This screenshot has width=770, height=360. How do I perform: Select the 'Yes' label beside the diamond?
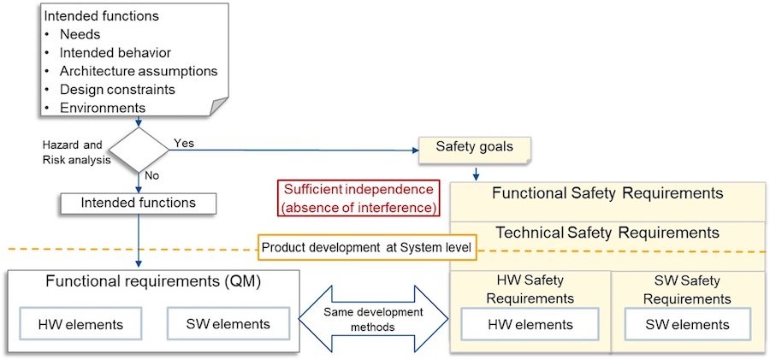tap(184, 143)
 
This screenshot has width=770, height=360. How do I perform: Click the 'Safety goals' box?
tap(475, 147)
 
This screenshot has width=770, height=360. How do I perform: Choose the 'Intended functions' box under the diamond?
tap(138, 204)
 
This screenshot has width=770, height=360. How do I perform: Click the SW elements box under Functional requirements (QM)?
tap(228, 324)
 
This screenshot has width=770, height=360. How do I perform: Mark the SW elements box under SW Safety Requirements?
tap(688, 325)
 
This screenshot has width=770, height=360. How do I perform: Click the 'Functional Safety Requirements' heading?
tap(607, 193)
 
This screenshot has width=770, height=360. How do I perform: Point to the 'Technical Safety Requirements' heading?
tap(607, 233)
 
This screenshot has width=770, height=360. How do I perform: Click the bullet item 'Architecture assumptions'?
tap(139, 71)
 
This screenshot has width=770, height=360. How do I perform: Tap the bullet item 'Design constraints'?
tap(118, 89)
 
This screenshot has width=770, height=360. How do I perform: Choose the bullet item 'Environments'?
tap(103, 108)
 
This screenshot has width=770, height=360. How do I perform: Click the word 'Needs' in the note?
tap(80, 34)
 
